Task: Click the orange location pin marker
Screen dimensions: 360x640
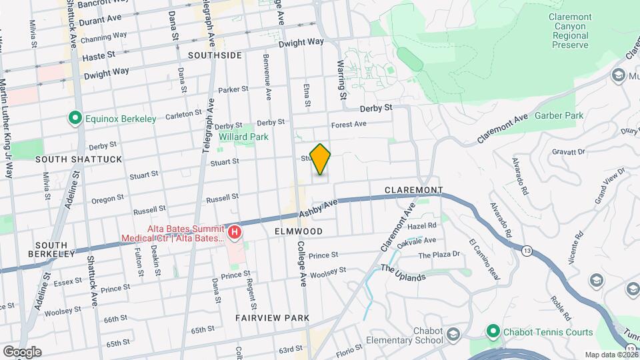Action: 321,159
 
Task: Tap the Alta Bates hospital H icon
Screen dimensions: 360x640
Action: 235,233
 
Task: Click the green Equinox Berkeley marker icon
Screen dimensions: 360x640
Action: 75,119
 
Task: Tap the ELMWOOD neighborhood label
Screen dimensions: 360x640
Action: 298,231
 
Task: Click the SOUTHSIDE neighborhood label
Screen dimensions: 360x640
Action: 215,55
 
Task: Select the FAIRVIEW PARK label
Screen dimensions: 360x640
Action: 272,318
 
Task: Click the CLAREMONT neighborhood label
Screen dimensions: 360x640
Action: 413,191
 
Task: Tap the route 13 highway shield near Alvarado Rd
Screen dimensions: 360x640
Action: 527,251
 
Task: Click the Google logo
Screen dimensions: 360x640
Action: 22,351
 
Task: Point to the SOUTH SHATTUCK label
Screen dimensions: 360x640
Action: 69,159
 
